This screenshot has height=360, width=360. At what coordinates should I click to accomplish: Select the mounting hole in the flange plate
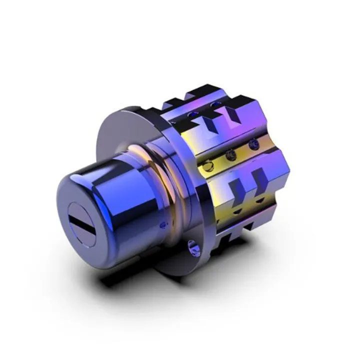(191, 246)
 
